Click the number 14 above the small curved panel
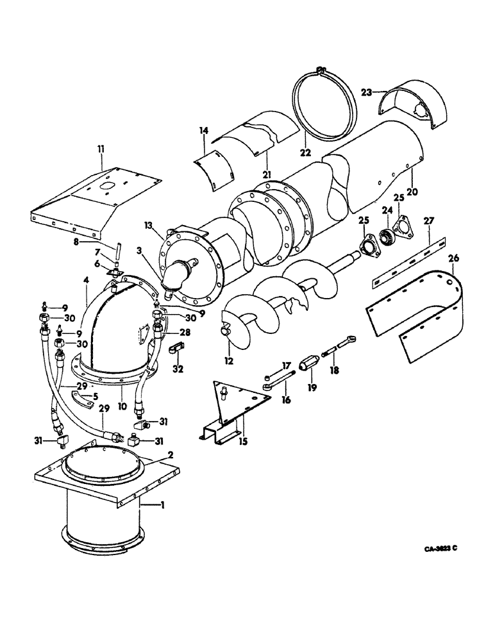203,131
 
